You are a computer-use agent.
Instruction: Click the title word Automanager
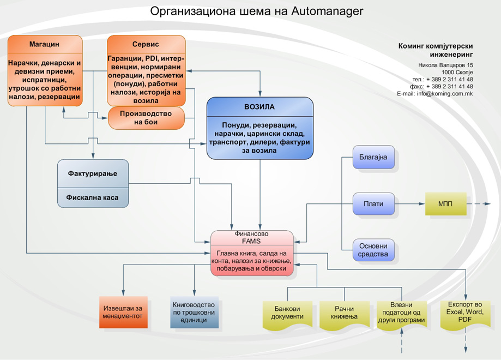click(x=327, y=11)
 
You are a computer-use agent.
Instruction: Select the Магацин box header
click(x=45, y=44)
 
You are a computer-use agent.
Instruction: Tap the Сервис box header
click(x=146, y=44)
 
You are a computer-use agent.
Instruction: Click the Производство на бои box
click(x=146, y=118)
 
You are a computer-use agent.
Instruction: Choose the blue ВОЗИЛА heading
click(x=259, y=107)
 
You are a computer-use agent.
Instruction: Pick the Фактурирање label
click(x=93, y=173)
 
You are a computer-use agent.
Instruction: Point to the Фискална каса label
click(x=93, y=197)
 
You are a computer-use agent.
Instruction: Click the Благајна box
click(x=373, y=158)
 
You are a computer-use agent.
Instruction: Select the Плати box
click(x=373, y=204)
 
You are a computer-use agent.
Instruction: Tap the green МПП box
click(x=445, y=204)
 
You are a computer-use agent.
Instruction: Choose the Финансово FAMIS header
click(x=251, y=237)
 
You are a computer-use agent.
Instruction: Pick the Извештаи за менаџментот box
click(x=123, y=312)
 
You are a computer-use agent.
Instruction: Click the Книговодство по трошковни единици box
click(x=194, y=312)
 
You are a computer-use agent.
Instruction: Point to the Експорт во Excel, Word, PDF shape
click(x=465, y=312)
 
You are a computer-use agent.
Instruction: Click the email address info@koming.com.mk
click(x=445, y=94)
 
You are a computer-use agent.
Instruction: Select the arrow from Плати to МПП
click(x=409, y=204)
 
